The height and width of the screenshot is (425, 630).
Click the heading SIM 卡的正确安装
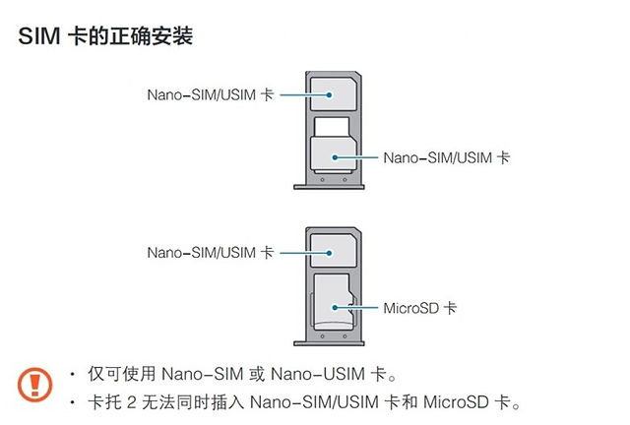pos(105,35)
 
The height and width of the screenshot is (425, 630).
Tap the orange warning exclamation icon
pos(35,385)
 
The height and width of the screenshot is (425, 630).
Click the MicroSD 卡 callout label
pos(420,308)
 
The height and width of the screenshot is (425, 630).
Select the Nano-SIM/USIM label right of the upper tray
pos(446,157)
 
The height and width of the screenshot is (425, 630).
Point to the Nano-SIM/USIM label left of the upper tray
pos(211,94)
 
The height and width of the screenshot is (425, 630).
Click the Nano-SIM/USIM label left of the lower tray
pos(211,253)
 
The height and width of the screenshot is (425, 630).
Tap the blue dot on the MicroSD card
pos(335,308)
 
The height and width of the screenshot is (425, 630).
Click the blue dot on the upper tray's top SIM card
pos(329,94)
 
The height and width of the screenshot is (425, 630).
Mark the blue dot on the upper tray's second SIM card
pos(335,157)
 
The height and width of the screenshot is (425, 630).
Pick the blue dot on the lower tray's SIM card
pos(329,253)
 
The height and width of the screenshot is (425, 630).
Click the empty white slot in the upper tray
pos(332,127)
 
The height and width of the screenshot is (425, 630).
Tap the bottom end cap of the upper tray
pos(329,187)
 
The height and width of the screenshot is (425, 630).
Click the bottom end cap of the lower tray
pos(329,343)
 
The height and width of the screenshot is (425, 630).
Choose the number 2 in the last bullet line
pos(131,402)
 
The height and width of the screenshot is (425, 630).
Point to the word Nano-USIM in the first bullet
pos(318,374)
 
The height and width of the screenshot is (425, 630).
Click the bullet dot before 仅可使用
pos(72,375)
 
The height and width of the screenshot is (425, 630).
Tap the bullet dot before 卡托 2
pos(72,401)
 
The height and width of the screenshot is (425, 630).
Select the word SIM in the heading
pos(39,35)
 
